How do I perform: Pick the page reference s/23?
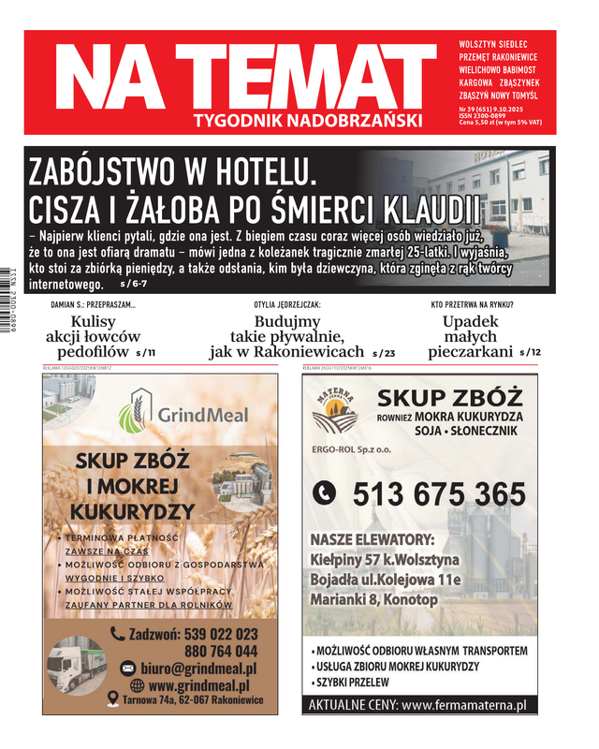click(x=384, y=353)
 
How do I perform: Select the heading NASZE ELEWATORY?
click(x=373, y=540)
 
